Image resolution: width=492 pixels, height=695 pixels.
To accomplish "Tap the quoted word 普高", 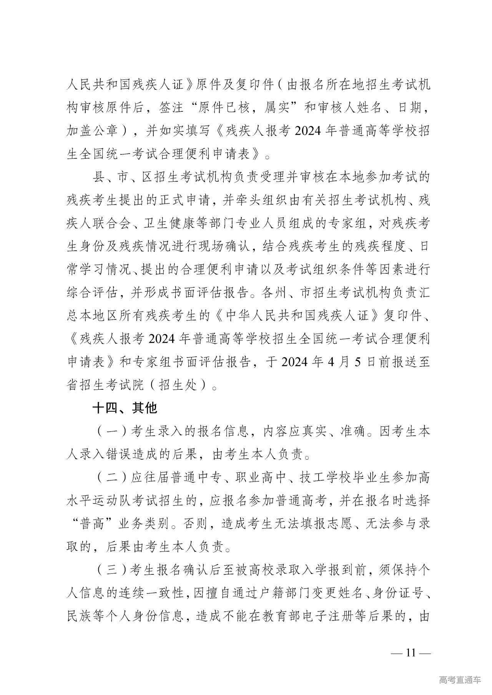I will click(93, 524).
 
